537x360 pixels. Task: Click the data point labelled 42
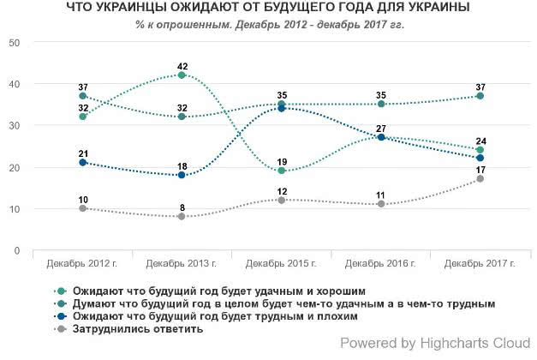pyautogui.click(x=182, y=75)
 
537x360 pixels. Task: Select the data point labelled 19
pyautogui.click(x=281, y=171)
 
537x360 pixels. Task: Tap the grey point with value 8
pyautogui.click(x=182, y=217)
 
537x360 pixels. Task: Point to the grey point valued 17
pyautogui.click(x=480, y=179)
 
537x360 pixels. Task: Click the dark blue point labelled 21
pyautogui.click(x=82, y=162)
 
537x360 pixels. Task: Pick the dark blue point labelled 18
pyautogui.click(x=182, y=175)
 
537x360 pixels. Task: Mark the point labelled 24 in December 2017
pyautogui.click(x=480, y=150)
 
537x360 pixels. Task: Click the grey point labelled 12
pyautogui.click(x=281, y=200)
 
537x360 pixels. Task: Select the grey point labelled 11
pyautogui.click(x=380, y=204)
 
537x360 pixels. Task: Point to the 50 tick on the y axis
pyautogui.click(x=15, y=42)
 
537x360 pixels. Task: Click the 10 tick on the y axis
pyautogui.click(x=15, y=209)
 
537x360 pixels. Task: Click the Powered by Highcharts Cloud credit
pyautogui.click(x=434, y=344)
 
